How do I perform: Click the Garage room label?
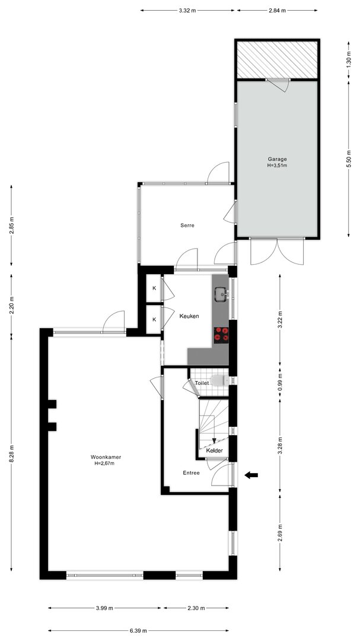coord(277,159)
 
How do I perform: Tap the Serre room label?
coord(187,226)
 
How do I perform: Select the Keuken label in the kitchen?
coord(189,316)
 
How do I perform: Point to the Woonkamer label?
coord(106,458)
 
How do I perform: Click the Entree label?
coord(191,473)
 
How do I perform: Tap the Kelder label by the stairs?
coord(215,450)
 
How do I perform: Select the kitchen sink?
coord(222,294)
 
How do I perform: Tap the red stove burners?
coord(221,334)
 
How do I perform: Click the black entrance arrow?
coord(251,475)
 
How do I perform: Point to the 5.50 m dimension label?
coord(348,160)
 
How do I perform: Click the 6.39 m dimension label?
coord(139,631)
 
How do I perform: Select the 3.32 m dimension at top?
coord(187,11)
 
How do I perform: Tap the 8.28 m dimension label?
coord(11,454)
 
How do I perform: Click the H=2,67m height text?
coord(106,464)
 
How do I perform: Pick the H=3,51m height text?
coord(277,166)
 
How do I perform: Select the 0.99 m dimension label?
coord(279,383)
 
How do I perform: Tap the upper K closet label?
coord(154,288)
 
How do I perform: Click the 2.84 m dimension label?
coord(277,11)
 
